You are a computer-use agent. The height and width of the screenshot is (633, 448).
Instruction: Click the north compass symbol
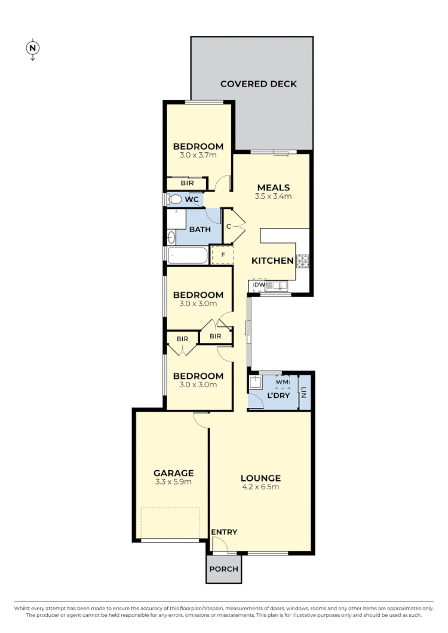tap(33, 48)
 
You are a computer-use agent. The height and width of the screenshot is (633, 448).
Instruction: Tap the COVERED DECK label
tap(258, 84)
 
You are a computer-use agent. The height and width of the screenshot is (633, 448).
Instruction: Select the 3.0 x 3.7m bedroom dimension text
tap(198, 155)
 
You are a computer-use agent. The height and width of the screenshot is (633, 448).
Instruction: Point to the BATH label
tap(199, 229)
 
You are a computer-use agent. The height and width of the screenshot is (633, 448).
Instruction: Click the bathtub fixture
tap(188, 256)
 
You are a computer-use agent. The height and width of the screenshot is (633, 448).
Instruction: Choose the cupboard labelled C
tap(229, 226)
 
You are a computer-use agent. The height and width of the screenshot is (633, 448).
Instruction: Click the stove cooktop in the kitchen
tap(303, 260)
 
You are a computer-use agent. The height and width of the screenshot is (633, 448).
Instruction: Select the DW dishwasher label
tap(259, 285)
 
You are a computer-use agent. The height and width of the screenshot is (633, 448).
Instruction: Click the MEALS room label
tap(273, 187)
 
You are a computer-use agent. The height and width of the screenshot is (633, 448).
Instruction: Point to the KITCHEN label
tap(272, 261)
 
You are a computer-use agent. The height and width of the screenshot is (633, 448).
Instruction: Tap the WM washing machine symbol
tap(283, 382)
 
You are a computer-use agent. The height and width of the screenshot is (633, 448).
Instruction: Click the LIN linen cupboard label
tap(304, 393)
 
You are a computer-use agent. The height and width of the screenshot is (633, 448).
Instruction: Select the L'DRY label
tap(278, 396)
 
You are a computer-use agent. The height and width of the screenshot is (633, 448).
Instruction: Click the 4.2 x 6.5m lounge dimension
tap(260, 487)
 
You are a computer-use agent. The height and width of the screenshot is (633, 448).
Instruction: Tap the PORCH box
tap(223, 569)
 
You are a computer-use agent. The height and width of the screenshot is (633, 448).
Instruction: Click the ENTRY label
tap(224, 532)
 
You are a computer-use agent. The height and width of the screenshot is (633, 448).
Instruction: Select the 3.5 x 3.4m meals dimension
tap(273, 196)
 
